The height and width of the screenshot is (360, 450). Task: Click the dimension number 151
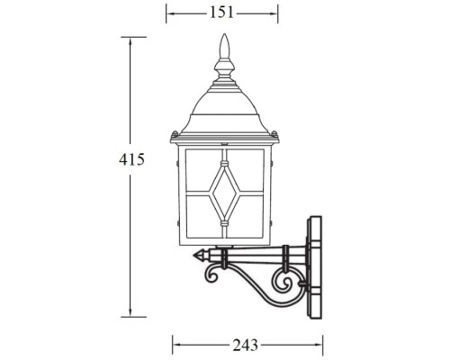222,13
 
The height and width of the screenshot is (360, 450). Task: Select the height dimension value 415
131,159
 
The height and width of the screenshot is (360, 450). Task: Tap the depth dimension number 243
246,345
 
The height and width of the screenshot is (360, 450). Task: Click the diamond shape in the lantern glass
222,190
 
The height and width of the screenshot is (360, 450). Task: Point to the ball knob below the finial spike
223,67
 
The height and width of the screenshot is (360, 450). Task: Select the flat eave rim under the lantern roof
222,138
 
